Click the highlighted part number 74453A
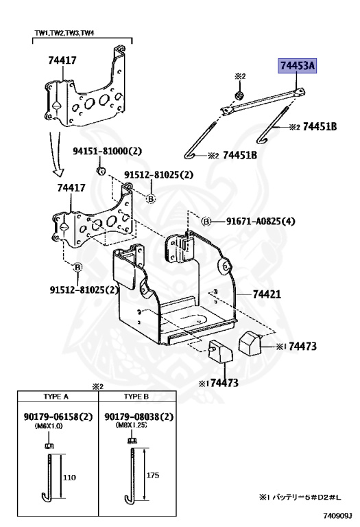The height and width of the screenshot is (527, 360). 297,66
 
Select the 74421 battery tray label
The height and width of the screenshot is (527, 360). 267,294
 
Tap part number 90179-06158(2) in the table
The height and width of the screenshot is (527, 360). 57,417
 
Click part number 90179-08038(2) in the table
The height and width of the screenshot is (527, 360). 139,417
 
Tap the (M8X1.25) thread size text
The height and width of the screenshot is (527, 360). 128,426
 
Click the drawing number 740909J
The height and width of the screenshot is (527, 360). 338,513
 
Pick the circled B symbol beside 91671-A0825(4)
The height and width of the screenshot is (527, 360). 205,221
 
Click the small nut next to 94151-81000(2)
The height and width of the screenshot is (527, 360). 100,169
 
